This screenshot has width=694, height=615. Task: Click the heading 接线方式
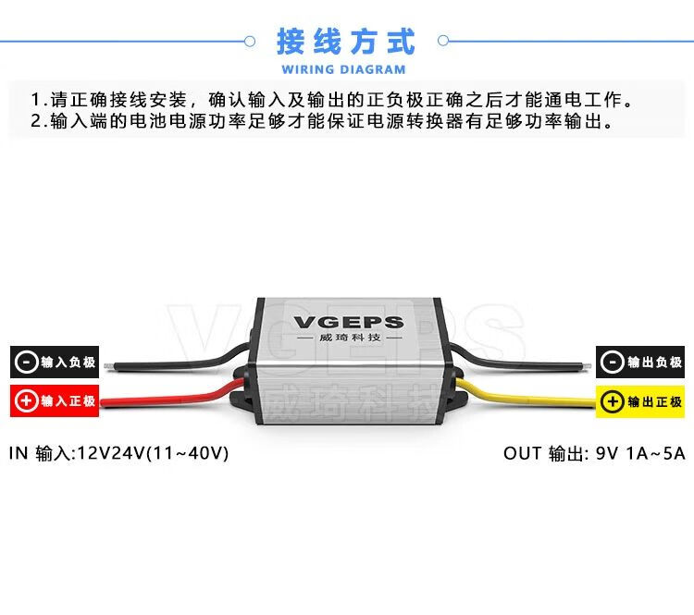point(346,42)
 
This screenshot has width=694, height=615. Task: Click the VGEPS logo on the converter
point(348,322)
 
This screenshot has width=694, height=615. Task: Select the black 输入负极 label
point(55,363)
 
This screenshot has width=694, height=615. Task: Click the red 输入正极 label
point(55,401)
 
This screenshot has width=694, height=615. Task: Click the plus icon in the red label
point(26,401)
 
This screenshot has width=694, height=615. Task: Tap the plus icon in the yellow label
point(612,401)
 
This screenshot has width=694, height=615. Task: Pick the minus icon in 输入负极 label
point(26,363)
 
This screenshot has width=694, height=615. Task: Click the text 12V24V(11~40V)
point(153,453)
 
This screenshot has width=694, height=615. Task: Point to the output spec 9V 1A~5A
point(640,453)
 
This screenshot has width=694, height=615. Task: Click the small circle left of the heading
point(249,41)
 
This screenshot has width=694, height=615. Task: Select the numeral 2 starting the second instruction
point(35,121)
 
